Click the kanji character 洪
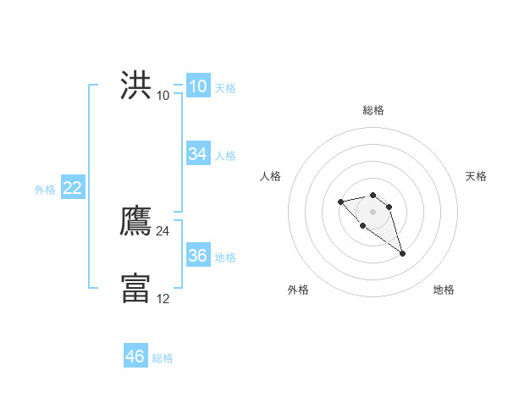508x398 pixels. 135,86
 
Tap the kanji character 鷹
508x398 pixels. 135,221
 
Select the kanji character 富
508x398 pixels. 135,288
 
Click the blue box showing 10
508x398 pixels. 197,86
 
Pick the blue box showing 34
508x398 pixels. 197,154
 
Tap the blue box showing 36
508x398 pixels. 197,256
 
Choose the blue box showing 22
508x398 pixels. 72,188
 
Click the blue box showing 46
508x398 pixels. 135,357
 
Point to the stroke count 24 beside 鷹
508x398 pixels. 163,231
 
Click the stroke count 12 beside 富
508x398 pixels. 163,298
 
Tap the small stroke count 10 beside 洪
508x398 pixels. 163,96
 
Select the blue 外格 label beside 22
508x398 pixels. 45,190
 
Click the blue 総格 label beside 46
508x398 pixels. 163,358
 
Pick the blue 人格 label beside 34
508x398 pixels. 225,156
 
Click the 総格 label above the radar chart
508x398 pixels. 373,110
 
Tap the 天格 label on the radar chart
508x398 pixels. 477,176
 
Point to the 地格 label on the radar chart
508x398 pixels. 444,290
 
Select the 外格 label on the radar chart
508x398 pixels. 298,290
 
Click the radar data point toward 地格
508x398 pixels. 402,253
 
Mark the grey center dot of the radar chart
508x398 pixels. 373,212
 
